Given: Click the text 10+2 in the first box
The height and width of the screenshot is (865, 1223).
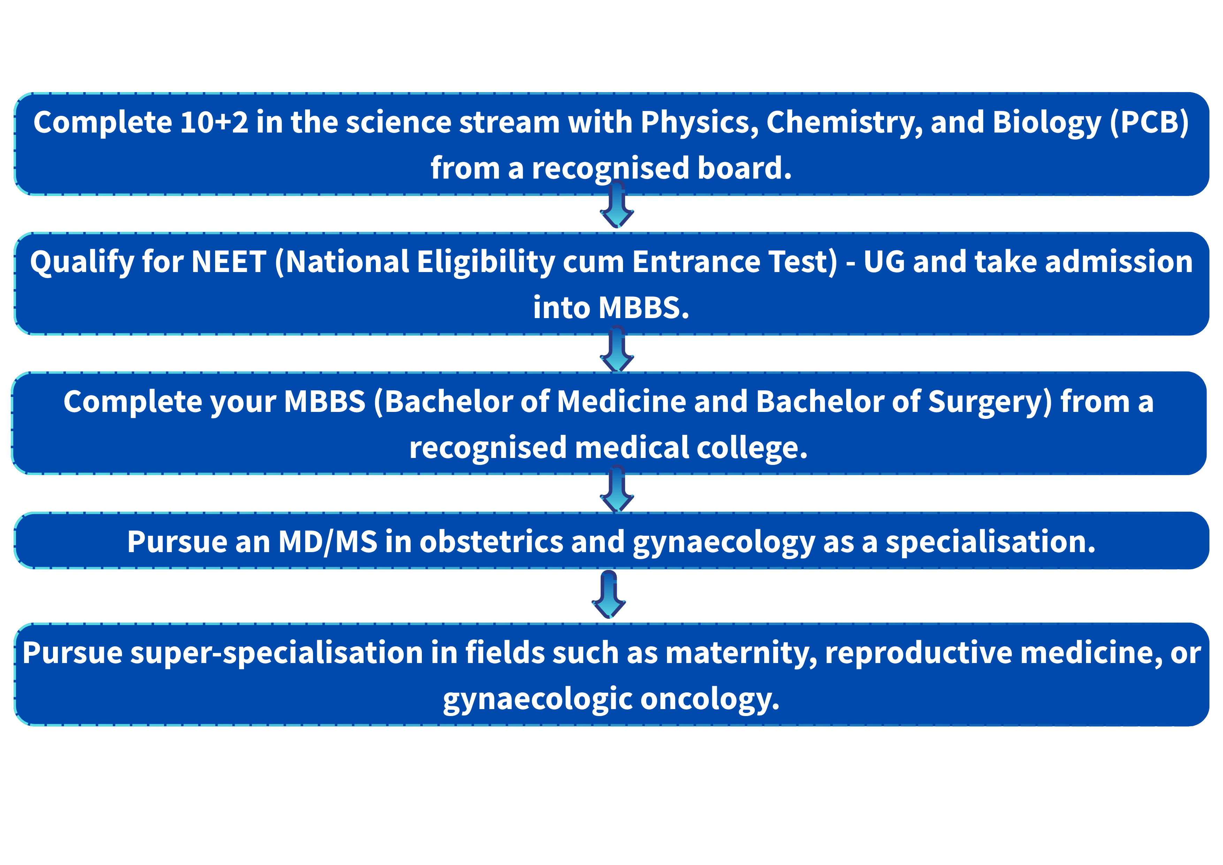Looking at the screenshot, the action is coord(214,122).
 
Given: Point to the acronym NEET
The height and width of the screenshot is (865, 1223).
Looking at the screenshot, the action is coord(228,262).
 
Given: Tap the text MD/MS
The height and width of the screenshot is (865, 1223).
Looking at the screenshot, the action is coord(328,543).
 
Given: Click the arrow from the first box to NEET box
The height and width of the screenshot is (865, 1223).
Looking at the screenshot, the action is coord(617,204).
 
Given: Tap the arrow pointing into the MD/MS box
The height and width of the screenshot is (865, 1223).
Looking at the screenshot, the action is coord(617,489).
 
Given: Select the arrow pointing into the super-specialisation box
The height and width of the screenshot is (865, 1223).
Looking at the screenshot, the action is coord(609,594).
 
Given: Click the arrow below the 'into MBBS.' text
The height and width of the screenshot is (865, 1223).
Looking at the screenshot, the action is coord(617,349).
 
